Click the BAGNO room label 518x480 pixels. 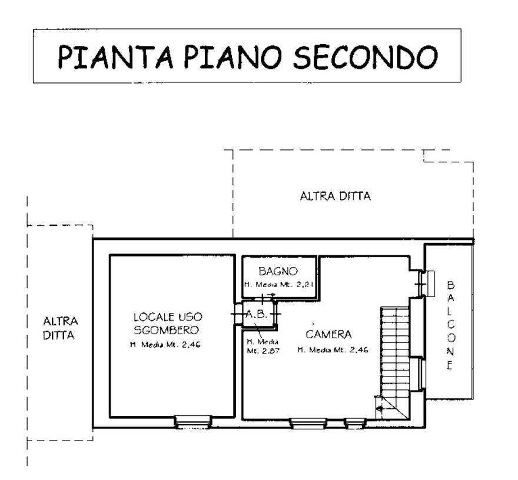(x=278, y=271)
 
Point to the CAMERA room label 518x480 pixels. (x=328, y=335)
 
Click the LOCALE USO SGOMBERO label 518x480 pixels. (x=166, y=323)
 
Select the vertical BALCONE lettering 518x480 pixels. (x=450, y=325)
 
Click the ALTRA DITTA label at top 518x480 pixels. (x=336, y=196)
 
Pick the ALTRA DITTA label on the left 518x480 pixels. (x=61, y=328)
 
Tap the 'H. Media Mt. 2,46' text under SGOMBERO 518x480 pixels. (x=165, y=345)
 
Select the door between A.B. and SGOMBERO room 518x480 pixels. (x=237, y=314)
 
